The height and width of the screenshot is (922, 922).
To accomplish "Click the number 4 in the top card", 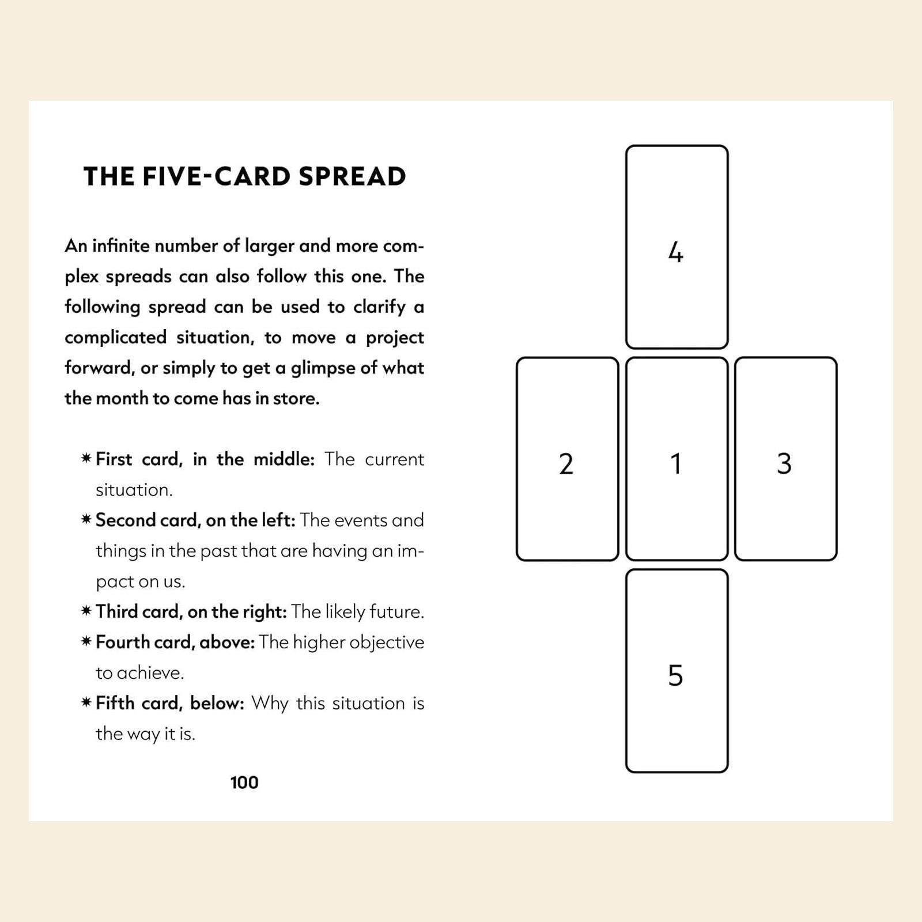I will [x=675, y=252].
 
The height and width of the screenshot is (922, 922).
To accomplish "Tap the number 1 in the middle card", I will [x=676, y=464].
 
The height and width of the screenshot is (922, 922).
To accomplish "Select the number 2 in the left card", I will [x=566, y=464].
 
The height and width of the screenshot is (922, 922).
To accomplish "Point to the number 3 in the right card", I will [x=784, y=464].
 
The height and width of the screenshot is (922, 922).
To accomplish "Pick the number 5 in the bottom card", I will [x=675, y=675].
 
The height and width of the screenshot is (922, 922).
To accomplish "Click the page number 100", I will [x=244, y=783].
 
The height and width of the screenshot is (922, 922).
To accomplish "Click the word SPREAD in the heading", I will [x=352, y=177].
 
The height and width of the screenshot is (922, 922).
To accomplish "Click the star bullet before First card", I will [x=86, y=459].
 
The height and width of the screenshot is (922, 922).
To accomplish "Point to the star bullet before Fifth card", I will [x=86, y=702].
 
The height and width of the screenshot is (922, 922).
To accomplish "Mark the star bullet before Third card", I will [x=86, y=611].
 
